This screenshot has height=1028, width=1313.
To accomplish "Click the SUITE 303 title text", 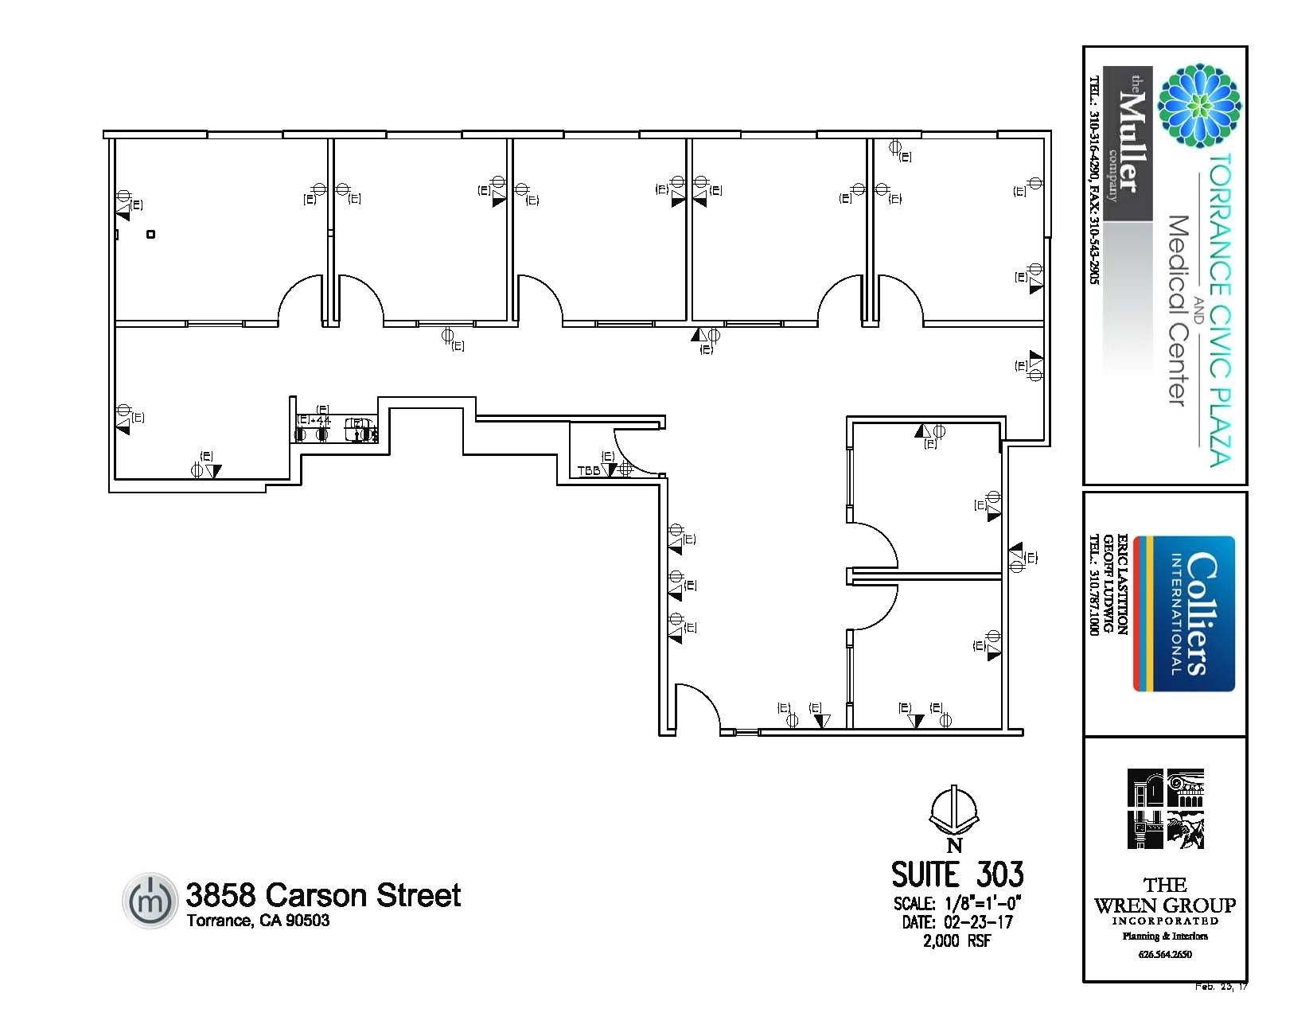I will (x=957, y=874).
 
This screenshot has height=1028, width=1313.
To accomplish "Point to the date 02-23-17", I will (x=978, y=922).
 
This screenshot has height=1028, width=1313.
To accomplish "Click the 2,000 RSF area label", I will (x=957, y=941).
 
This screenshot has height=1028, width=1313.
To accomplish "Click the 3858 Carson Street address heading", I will (x=323, y=895).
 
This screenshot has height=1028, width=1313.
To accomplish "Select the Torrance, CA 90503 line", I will (x=258, y=921).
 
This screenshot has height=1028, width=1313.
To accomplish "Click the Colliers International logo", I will (x=1184, y=613).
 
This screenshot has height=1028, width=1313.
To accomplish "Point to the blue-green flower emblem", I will (x=1199, y=106).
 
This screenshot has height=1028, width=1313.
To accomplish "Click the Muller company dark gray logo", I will (x=1128, y=143).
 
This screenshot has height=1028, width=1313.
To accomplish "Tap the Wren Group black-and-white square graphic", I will (x=1165, y=808).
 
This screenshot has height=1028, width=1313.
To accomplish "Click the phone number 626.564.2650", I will (x=1165, y=954).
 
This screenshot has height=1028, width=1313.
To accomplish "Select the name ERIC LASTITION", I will (x=1123, y=584).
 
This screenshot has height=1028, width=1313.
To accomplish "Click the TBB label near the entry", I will (x=588, y=471).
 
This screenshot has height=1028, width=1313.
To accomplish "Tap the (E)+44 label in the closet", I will (x=314, y=420).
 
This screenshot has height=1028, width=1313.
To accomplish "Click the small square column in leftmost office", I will (x=151, y=234).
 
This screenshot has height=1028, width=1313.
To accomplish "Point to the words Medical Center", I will (x=1178, y=310).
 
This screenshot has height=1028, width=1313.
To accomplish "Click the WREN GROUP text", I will (x=1165, y=905).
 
